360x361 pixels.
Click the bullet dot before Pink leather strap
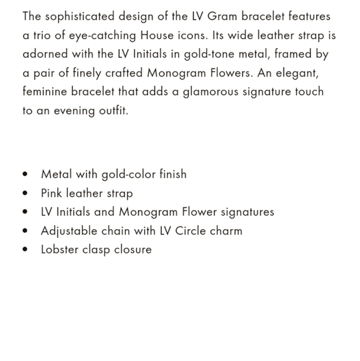[25, 194]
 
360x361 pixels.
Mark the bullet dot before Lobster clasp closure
[25, 250]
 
